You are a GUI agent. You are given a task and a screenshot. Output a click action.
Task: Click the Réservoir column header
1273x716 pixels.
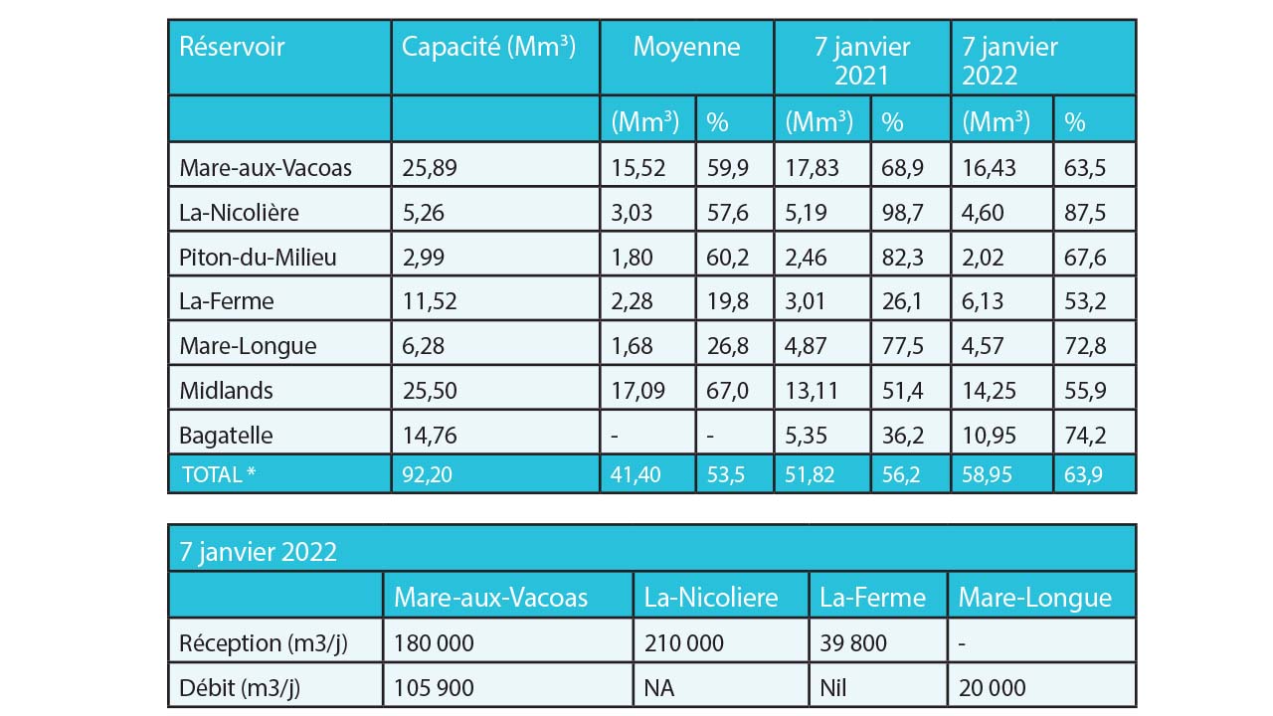(x=232, y=48)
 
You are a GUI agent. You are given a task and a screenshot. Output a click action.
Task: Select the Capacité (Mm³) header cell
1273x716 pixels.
(x=488, y=48)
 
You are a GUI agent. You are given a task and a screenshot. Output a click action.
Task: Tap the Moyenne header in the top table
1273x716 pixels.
(x=686, y=48)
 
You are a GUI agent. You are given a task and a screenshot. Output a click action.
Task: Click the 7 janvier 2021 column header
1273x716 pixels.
(x=861, y=61)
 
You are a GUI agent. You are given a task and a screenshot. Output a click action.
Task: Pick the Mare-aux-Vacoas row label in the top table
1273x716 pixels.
(x=266, y=168)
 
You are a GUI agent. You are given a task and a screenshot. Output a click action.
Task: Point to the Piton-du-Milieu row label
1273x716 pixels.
(x=258, y=258)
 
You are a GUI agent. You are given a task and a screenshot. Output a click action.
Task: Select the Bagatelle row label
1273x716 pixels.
(x=226, y=436)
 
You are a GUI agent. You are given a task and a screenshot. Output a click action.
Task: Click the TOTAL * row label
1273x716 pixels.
(x=219, y=474)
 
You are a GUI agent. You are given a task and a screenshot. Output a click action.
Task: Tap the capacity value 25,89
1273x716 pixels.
(x=430, y=168)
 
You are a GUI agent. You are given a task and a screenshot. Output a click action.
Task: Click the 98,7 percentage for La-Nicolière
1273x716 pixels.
(x=902, y=213)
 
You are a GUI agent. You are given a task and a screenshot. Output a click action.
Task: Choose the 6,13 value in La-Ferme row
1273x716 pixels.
(x=990, y=302)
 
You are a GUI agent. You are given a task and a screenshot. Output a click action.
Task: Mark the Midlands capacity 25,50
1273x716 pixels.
(x=430, y=391)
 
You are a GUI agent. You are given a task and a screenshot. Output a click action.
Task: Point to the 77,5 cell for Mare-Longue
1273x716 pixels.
(x=902, y=347)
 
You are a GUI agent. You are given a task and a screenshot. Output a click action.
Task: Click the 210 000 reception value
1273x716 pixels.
(x=684, y=643)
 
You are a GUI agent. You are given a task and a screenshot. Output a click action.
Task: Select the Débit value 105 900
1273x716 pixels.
(x=434, y=687)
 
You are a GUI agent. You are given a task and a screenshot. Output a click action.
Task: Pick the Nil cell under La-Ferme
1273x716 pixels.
(x=837, y=687)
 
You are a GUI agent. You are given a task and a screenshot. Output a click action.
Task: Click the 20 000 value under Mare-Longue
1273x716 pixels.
(x=993, y=687)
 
